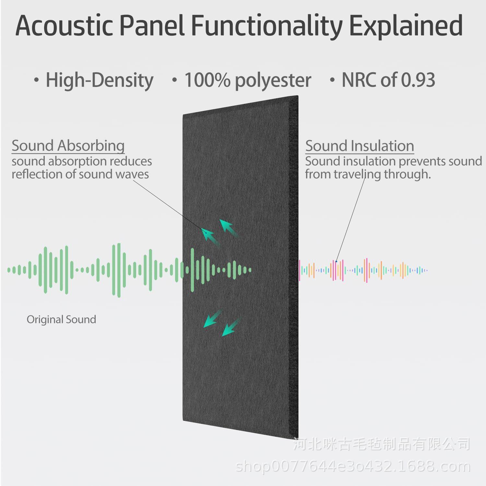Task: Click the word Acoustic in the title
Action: point(64,25)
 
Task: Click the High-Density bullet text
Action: point(100,80)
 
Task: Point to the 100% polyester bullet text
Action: point(248,80)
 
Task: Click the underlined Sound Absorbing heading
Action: point(68,146)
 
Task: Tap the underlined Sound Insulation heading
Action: point(360,146)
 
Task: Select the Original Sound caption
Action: point(61,319)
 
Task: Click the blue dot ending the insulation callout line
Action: point(336,261)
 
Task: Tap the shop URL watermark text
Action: point(353,467)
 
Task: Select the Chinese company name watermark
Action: point(382,444)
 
